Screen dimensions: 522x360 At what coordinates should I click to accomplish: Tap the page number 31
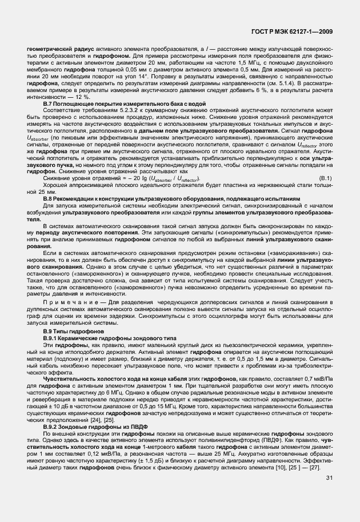(x=329, y=493)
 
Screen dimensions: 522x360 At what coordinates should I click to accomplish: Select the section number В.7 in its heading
(x=49, y=103)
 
